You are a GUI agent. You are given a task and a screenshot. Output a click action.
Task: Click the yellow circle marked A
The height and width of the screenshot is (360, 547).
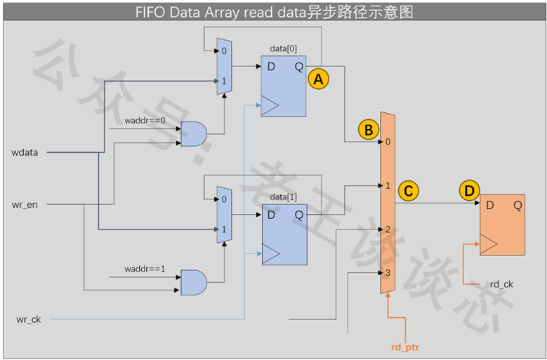click(x=319, y=79)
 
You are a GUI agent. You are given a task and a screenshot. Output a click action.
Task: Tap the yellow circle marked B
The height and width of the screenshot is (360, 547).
click(x=369, y=130)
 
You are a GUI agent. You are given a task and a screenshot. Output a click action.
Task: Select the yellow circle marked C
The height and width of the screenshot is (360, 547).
click(x=408, y=191)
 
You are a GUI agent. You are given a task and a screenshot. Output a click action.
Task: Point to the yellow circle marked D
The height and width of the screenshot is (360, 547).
click(x=469, y=191)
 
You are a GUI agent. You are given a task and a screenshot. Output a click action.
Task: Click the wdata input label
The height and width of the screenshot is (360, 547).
click(x=25, y=153)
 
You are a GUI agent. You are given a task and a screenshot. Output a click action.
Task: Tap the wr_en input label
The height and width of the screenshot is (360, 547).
click(x=25, y=205)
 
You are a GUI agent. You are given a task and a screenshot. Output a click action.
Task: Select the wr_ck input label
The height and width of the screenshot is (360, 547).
click(x=29, y=319)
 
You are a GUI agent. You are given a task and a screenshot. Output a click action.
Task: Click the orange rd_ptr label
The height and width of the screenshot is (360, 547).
click(x=405, y=347)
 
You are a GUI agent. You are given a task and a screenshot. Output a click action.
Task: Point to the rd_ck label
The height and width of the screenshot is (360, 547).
click(x=501, y=284)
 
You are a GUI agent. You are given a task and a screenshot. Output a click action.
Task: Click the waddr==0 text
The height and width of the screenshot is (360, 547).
click(x=145, y=121)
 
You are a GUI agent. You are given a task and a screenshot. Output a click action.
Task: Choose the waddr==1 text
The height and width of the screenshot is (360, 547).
click(x=145, y=269)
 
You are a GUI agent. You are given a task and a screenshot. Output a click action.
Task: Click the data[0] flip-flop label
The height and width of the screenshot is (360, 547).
click(x=283, y=49)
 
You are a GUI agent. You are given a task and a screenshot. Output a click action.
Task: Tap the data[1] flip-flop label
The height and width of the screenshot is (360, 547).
click(x=283, y=197)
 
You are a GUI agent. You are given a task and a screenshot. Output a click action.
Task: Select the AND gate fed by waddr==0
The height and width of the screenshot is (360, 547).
click(x=194, y=134)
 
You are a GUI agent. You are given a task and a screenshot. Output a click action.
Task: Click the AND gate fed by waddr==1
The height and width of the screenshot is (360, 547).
click(x=194, y=282)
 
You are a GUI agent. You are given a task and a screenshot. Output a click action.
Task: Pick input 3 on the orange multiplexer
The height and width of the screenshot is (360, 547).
click(x=388, y=273)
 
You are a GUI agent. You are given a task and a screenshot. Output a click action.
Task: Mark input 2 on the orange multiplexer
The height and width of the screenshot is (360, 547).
click(x=388, y=229)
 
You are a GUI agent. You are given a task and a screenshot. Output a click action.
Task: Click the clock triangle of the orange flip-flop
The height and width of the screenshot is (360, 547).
click(x=489, y=244)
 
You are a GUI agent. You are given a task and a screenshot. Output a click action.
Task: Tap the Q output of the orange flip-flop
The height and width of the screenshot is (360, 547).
click(x=518, y=206)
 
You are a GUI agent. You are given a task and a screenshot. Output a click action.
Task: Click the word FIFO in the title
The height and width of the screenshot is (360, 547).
click(x=151, y=13)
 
